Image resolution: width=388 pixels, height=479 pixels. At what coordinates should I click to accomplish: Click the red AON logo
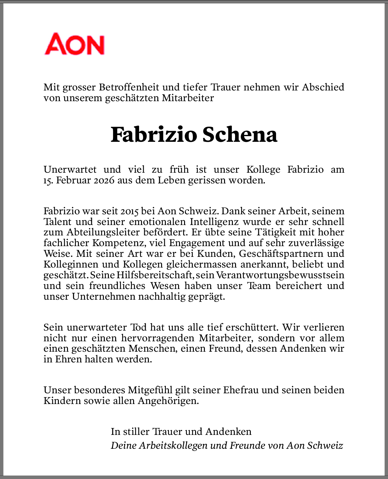[x=74, y=44]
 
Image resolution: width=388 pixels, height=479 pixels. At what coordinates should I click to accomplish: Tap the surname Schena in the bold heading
[x=239, y=135]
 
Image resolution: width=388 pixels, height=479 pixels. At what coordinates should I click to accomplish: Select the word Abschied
[x=323, y=87]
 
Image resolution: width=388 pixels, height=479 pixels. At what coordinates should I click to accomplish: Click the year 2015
[x=129, y=211]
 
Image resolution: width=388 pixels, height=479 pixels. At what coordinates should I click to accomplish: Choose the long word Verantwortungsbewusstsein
[x=280, y=275]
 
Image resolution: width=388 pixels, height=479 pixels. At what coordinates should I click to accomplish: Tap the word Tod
[x=138, y=327]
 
